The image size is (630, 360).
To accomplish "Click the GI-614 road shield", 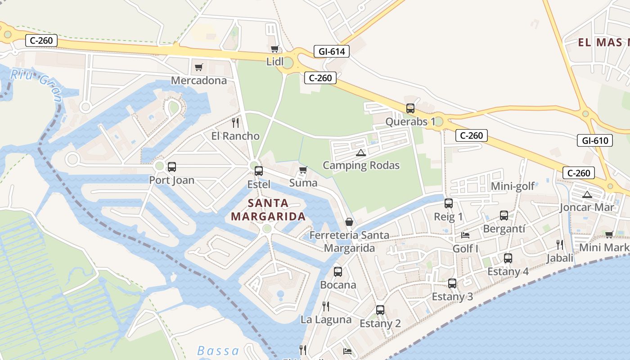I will [332, 51].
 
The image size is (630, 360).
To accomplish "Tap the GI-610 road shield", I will [595, 140].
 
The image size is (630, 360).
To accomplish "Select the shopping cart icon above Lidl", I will [274, 49].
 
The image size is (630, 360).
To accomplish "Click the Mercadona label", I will [198, 81].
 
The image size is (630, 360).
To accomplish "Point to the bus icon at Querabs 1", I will [410, 108].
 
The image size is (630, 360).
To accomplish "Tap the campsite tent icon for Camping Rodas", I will [360, 153].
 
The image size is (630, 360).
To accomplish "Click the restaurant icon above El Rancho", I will [235, 122].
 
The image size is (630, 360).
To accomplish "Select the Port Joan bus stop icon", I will [172, 167].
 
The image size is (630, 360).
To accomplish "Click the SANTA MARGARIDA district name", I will [268, 210].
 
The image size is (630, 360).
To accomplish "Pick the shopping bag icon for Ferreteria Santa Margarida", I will [349, 222].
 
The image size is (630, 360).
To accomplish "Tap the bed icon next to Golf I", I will [465, 235].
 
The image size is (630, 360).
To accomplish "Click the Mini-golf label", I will [513, 186].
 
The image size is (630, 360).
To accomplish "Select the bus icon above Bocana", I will [338, 272].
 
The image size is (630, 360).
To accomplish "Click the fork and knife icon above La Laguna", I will [326, 306].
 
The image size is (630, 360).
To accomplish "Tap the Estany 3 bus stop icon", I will [452, 283].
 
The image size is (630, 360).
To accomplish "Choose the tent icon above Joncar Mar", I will [586, 194].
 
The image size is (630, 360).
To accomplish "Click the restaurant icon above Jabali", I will [559, 245].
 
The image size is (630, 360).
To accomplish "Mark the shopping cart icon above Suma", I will [303, 170].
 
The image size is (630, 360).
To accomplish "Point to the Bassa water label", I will [218, 351].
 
